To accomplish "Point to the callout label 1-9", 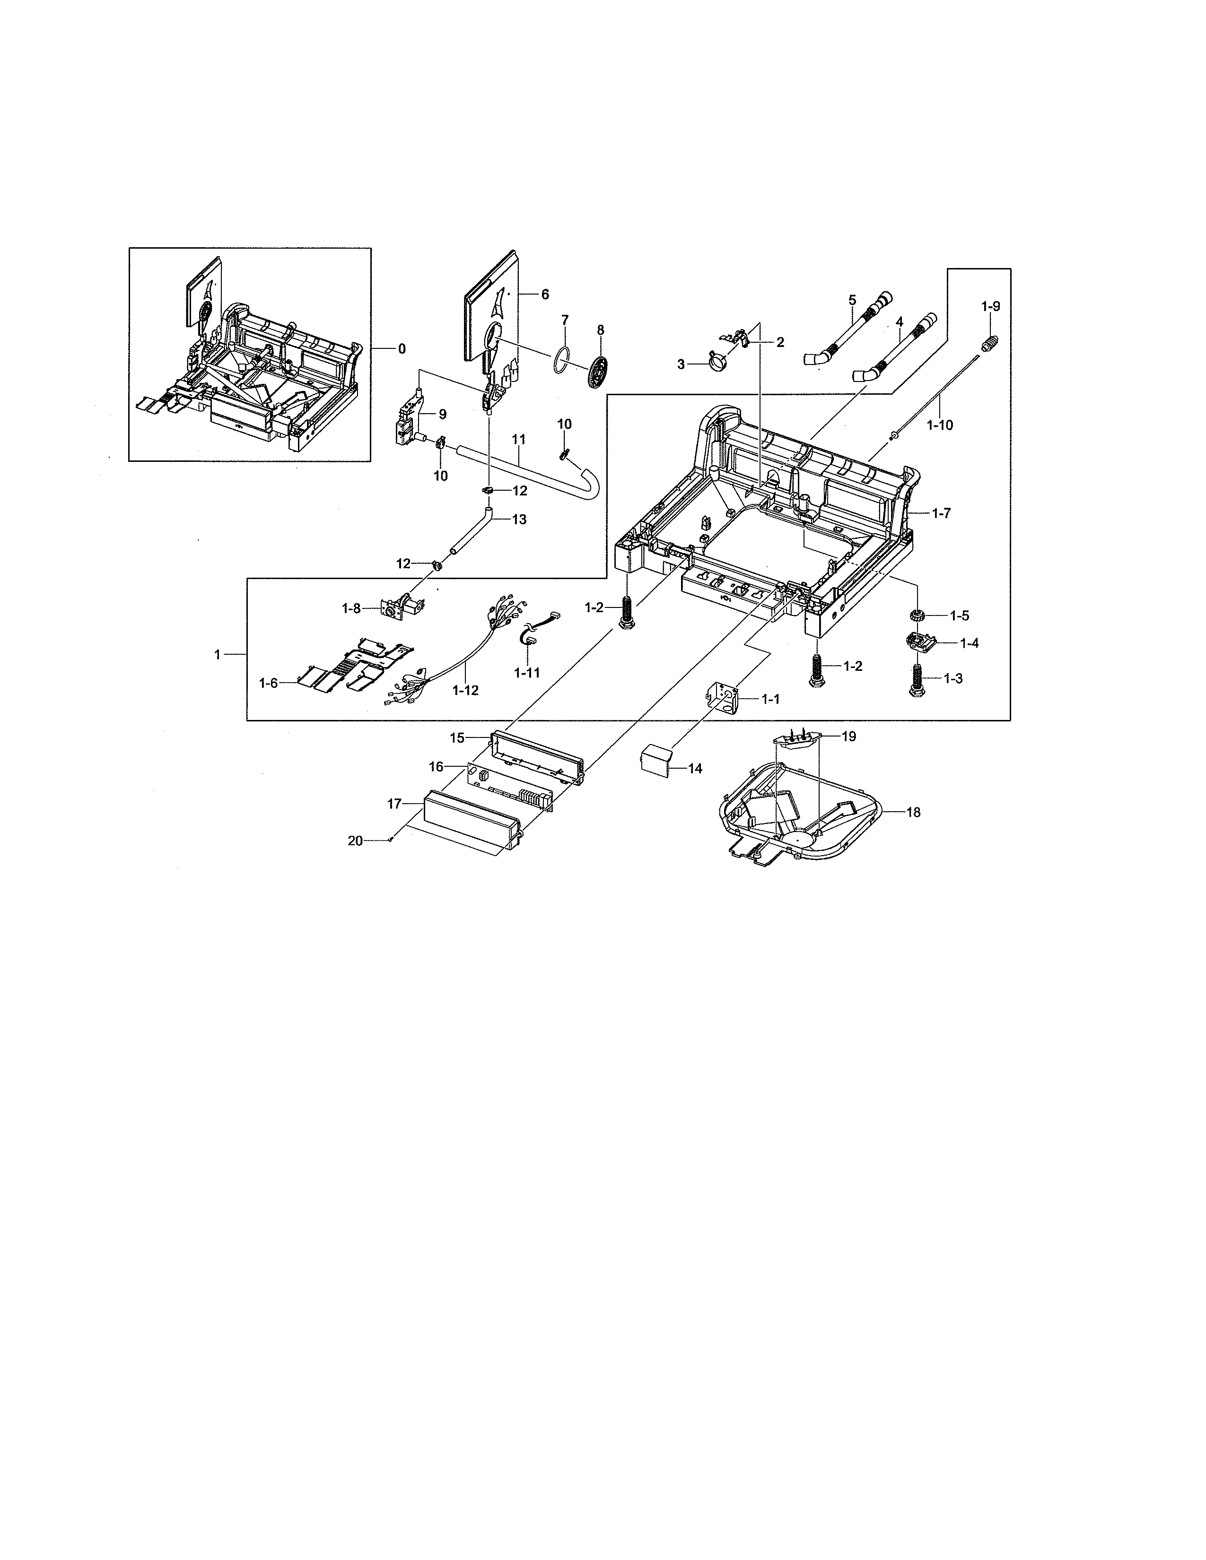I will (x=990, y=306).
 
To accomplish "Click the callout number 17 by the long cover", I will (x=394, y=804).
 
